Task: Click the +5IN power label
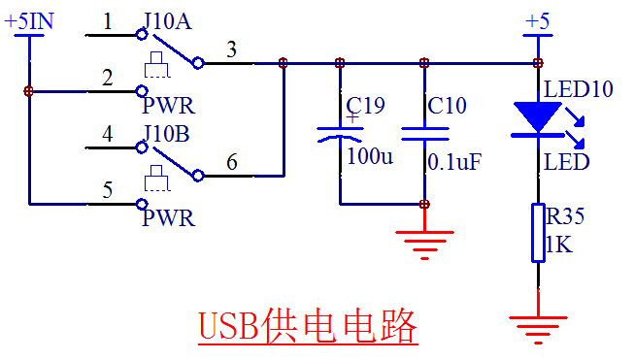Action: click(x=29, y=21)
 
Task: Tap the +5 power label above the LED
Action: click(x=537, y=21)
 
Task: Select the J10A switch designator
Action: click(x=168, y=21)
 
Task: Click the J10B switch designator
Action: click(x=167, y=134)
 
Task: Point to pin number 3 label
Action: click(x=231, y=49)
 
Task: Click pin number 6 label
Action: click(x=232, y=162)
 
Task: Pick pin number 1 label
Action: click(x=107, y=21)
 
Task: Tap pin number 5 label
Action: click(x=107, y=190)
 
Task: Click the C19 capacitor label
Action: click(x=365, y=106)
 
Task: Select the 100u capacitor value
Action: click(x=370, y=156)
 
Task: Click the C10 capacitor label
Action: click(x=447, y=106)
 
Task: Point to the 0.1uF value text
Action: click(x=454, y=162)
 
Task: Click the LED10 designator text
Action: click(x=579, y=89)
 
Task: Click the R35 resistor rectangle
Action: click(x=538, y=233)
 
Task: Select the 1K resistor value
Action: click(x=559, y=245)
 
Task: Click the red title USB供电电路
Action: click(x=308, y=326)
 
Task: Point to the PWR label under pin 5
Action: click(x=169, y=218)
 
